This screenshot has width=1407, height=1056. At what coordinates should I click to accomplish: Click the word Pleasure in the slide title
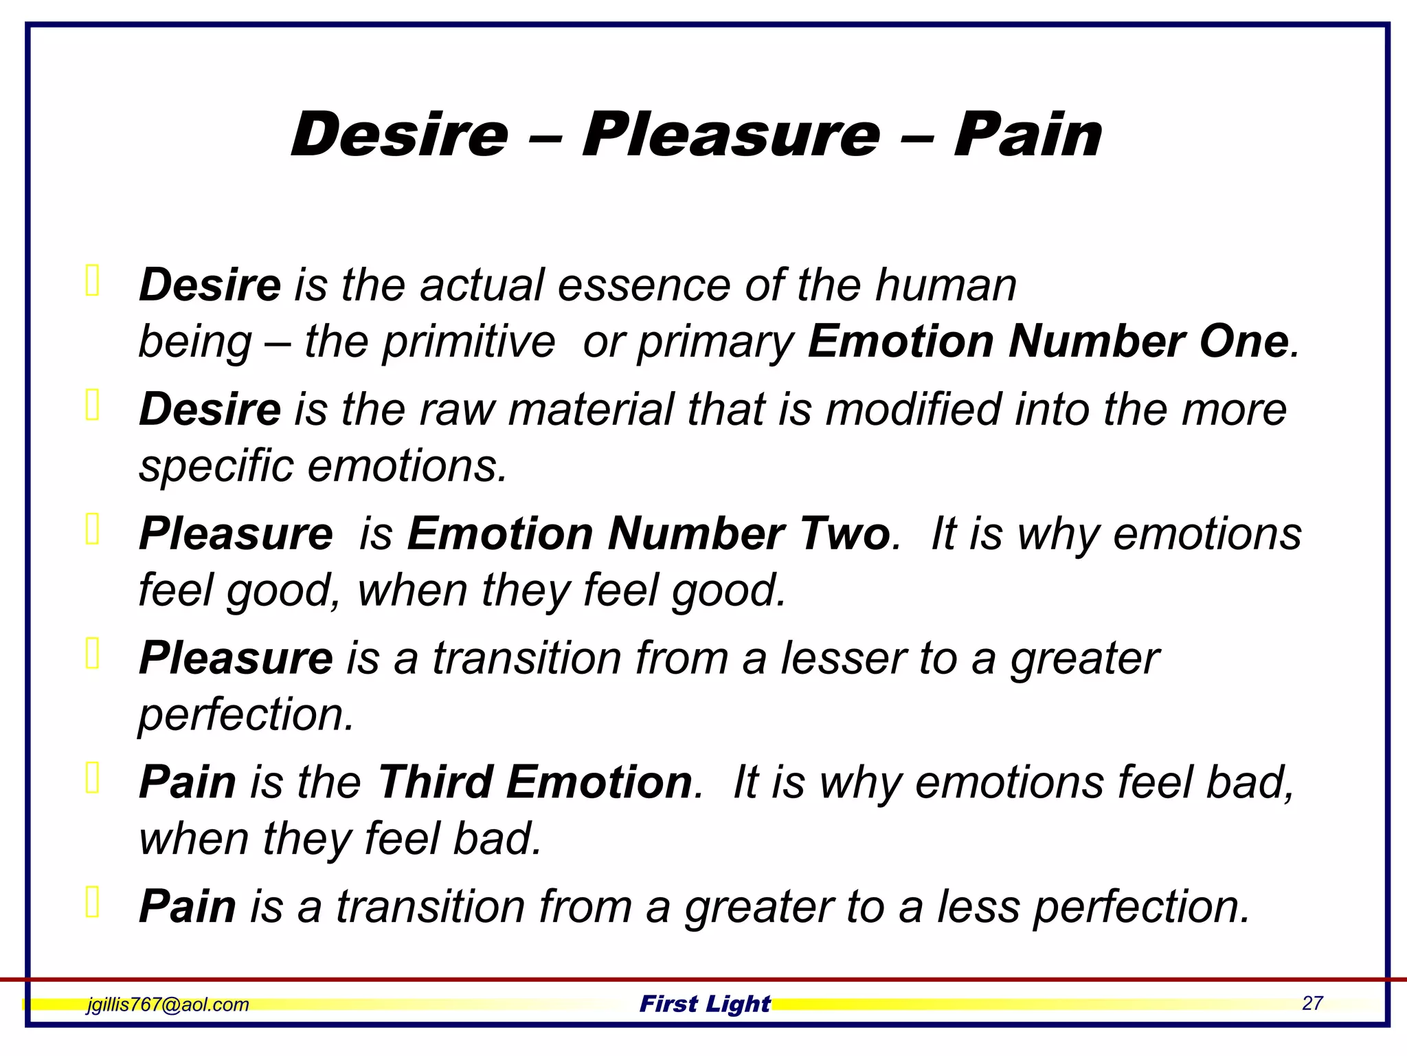pos(731,135)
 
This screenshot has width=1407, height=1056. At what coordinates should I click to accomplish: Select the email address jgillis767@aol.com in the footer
pos(168,1004)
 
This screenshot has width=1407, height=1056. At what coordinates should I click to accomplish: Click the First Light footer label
pos(705,1004)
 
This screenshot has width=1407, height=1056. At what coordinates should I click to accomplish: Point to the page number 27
pos(1312,1003)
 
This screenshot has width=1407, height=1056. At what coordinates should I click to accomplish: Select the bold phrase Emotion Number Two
pos(649,534)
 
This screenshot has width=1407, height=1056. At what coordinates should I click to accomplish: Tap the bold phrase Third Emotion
pos(535,782)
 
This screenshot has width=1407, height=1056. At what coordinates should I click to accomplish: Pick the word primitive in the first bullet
pos(468,342)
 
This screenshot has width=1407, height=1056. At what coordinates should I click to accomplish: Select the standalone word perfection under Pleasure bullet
pos(246,715)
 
